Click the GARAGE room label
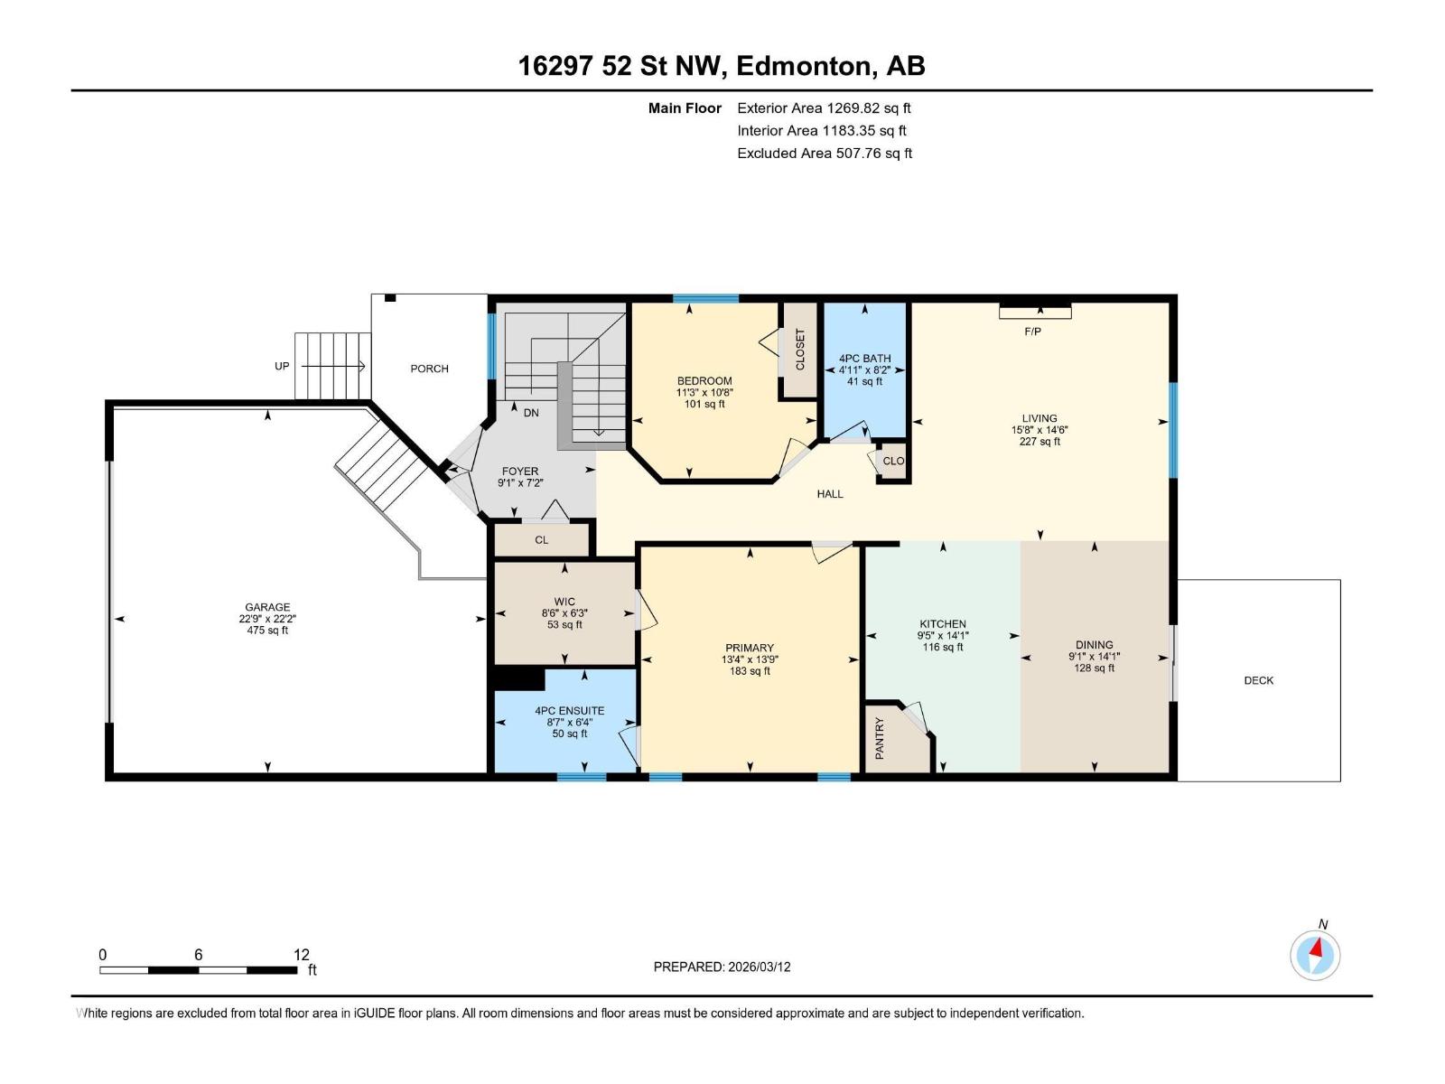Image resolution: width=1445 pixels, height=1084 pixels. pos(267,607)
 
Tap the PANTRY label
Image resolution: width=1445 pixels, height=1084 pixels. pos(880,738)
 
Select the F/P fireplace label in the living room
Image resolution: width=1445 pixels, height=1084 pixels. pos(1032,332)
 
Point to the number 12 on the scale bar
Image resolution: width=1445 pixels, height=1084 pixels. pos(302,955)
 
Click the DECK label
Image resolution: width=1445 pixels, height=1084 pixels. pos(1258,680)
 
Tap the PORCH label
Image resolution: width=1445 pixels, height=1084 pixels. pos(429,369)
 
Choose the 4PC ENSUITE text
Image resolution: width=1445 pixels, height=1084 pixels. pos(569,711)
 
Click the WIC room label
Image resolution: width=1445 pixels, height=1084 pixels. pos(564,602)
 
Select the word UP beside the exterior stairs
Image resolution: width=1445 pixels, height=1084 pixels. pos(282,366)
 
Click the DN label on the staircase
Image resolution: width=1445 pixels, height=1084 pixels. pos(531,413)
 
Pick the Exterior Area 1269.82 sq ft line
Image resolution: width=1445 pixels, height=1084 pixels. pos(824,108)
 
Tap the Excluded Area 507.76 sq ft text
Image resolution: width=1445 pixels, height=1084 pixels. pos(824,154)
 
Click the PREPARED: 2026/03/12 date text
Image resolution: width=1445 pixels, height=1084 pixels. pos(722,967)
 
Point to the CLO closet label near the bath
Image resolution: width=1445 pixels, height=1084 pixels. pos(893,461)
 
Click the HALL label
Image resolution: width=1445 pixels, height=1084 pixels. pos(830,494)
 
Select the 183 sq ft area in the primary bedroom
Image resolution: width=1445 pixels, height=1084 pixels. pos(750,671)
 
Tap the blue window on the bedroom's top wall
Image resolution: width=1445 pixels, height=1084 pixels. pos(705,299)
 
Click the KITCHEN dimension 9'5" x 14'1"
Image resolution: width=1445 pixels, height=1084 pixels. pos(943,635)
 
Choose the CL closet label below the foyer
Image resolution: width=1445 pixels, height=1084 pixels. pos(541,540)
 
